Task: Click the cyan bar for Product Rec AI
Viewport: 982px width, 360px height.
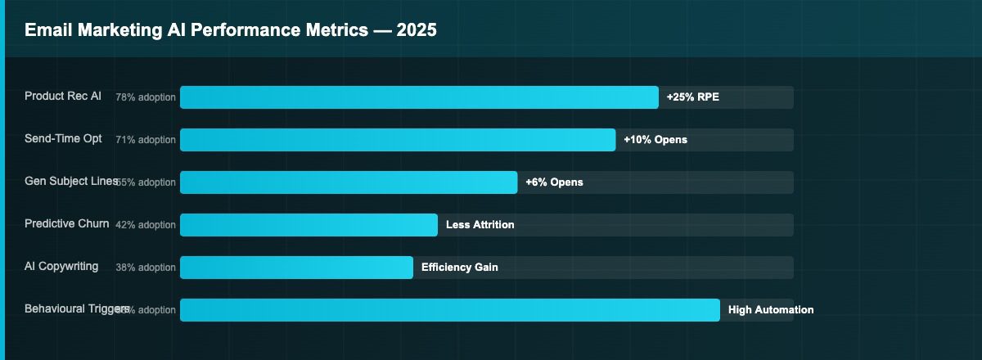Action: click(419, 97)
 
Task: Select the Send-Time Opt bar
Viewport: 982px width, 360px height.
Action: click(398, 140)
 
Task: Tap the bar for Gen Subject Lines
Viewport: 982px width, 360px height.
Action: click(349, 182)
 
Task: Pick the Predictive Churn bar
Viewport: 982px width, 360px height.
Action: click(309, 225)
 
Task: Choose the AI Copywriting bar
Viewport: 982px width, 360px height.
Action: click(296, 268)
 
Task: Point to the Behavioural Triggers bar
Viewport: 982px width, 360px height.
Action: click(450, 310)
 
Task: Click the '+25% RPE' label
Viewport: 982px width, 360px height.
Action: click(693, 97)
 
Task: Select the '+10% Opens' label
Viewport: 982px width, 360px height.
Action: click(655, 140)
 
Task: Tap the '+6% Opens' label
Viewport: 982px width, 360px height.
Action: click(555, 182)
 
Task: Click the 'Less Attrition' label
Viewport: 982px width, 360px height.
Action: click(480, 225)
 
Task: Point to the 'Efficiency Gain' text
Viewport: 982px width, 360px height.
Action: click(460, 268)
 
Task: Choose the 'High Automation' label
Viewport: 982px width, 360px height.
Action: click(771, 310)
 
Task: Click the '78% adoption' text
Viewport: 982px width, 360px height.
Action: click(146, 97)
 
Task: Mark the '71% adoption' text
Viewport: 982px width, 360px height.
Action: click(146, 140)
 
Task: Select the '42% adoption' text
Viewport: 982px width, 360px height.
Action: click(146, 225)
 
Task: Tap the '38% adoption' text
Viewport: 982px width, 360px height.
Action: click(146, 268)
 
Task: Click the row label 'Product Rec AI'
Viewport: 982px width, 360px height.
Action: click(63, 97)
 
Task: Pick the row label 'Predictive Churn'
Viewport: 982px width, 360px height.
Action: click(66, 224)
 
